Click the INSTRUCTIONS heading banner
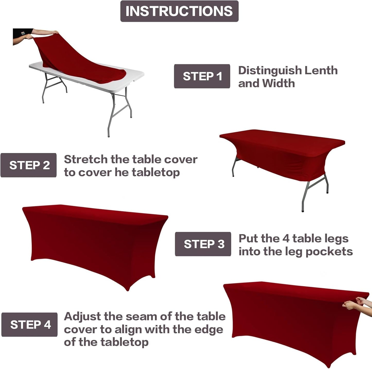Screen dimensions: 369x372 179,11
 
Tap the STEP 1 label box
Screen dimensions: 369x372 202,76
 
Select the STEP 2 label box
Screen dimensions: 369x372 29,165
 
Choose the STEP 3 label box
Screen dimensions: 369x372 203,244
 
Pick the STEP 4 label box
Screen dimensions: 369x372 30,325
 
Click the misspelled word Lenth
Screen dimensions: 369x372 321,70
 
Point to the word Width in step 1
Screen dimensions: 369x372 278,83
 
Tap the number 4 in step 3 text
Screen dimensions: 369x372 286,239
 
